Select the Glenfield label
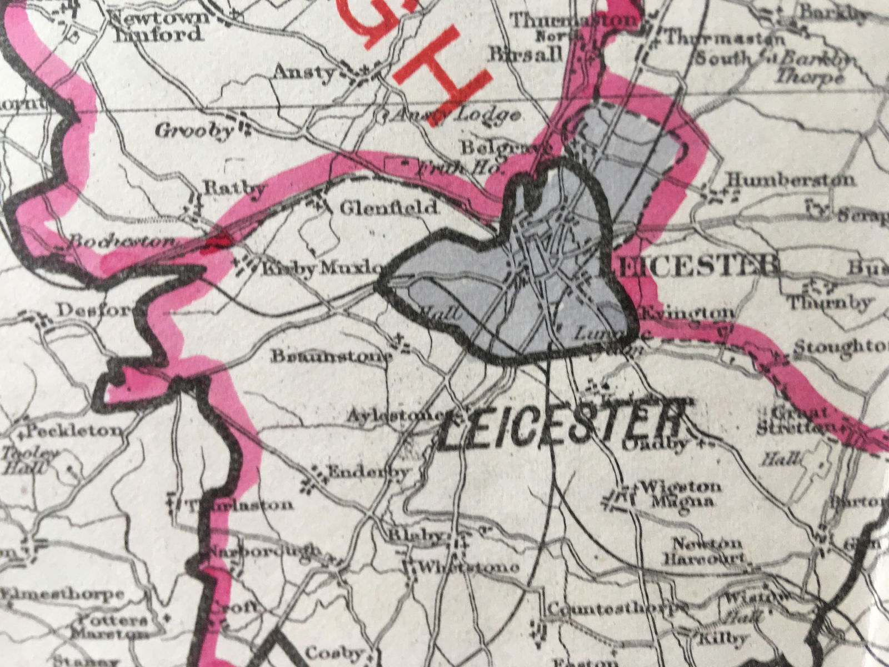pos(388,208)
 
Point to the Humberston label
pos(791,180)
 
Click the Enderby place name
pos(368,472)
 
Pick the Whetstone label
pos(470,568)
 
